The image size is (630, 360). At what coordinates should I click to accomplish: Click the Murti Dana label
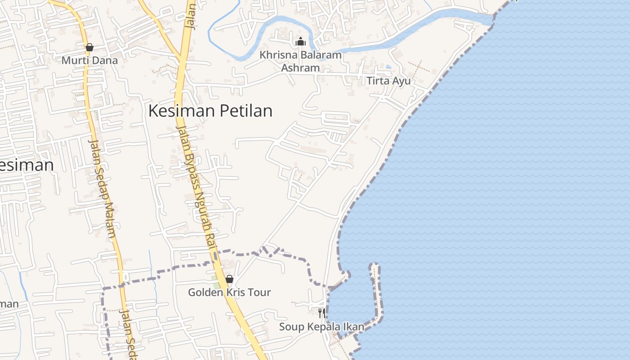[x=90, y=60]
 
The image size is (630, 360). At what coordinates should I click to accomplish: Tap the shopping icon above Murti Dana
[x=90, y=47]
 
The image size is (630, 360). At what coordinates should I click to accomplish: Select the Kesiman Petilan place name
[x=210, y=111]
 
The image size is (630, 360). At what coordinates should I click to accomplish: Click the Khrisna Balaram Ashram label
[x=301, y=62]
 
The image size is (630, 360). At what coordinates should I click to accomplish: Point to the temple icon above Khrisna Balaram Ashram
[x=301, y=42]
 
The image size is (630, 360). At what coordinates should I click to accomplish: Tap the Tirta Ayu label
[x=389, y=81]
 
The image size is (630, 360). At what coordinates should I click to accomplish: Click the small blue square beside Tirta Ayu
[x=388, y=67]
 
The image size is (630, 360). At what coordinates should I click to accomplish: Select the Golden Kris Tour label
[x=229, y=292]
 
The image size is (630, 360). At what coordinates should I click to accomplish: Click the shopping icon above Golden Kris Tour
[x=229, y=279]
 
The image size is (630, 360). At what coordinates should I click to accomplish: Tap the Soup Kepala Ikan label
[x=321, y=327]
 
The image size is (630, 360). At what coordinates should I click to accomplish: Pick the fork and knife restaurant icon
[x=321, y=313]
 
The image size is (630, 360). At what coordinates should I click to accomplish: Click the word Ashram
[x=301, y=68]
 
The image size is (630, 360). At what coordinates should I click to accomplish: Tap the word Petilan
[x=246, y=111]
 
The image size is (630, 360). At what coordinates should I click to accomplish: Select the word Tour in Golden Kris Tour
[x=260, y=292]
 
